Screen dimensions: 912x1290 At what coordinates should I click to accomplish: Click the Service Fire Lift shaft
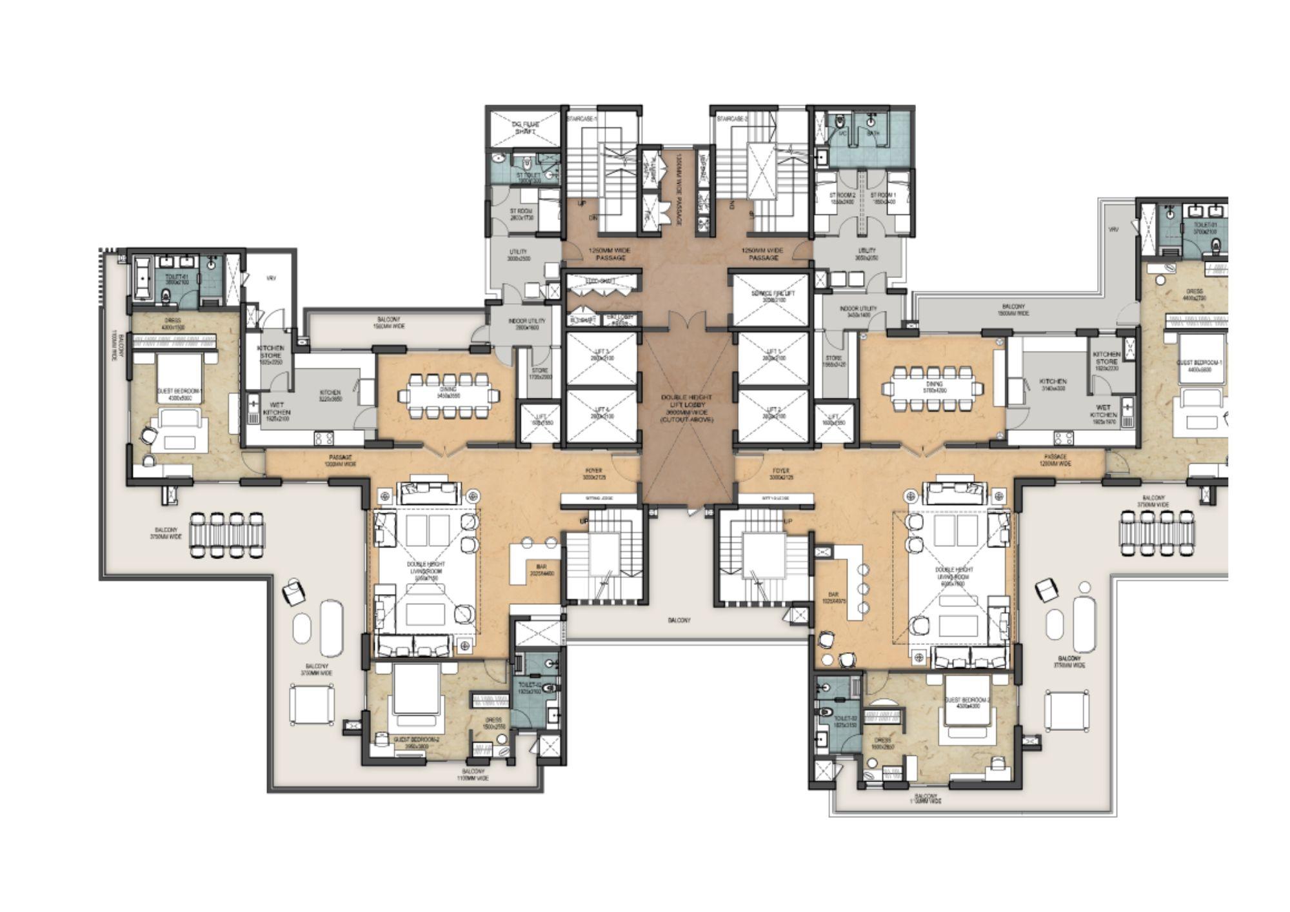(x=770, y=298)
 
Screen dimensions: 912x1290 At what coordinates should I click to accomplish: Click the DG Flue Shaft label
(x=524, y=127)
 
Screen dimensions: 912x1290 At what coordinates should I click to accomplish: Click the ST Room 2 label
(x=842, y=198)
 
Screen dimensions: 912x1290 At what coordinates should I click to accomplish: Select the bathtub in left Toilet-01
(x=143, y=279)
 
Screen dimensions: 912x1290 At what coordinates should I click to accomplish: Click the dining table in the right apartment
(x=933, y=389)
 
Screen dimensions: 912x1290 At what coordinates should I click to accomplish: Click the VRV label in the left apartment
(x=271, y=278)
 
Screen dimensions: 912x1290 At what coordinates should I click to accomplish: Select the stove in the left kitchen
(x=323, y=438)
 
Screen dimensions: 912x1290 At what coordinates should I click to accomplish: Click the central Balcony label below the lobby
(x=679, y=620)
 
